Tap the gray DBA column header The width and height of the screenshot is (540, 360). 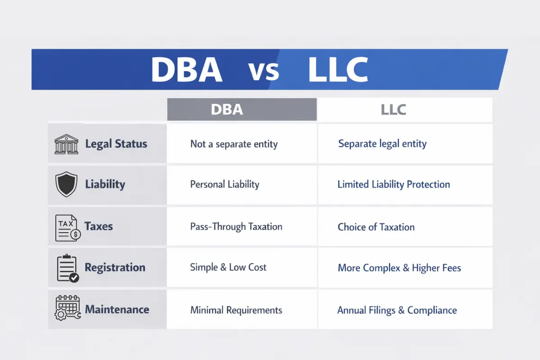point(242,110)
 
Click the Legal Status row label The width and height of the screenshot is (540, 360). point(116,144)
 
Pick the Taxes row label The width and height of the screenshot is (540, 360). point(99,226)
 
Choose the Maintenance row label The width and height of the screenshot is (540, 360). point(117,310)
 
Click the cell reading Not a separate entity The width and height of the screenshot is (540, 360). point(234,144)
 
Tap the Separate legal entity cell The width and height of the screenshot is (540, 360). point(382,144)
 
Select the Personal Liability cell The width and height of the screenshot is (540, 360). point(225,184)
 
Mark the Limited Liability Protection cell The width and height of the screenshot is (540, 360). point(394,184)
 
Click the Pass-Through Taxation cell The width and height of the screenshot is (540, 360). point(236,226)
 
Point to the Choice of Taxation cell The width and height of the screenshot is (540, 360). point(376,227)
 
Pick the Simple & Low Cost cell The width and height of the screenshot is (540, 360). point(228,267)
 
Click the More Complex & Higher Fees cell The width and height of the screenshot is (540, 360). point(400,268)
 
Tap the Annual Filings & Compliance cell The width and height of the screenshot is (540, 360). point(397,310)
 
